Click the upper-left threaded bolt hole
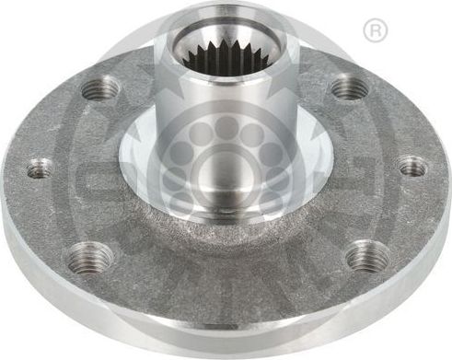click(101, 89)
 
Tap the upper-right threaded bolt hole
click(349, 88)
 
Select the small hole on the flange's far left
click(40, 168)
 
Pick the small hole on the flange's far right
click(412, 167)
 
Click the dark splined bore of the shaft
click(225, 58)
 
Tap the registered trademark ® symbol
click(376, 31)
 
